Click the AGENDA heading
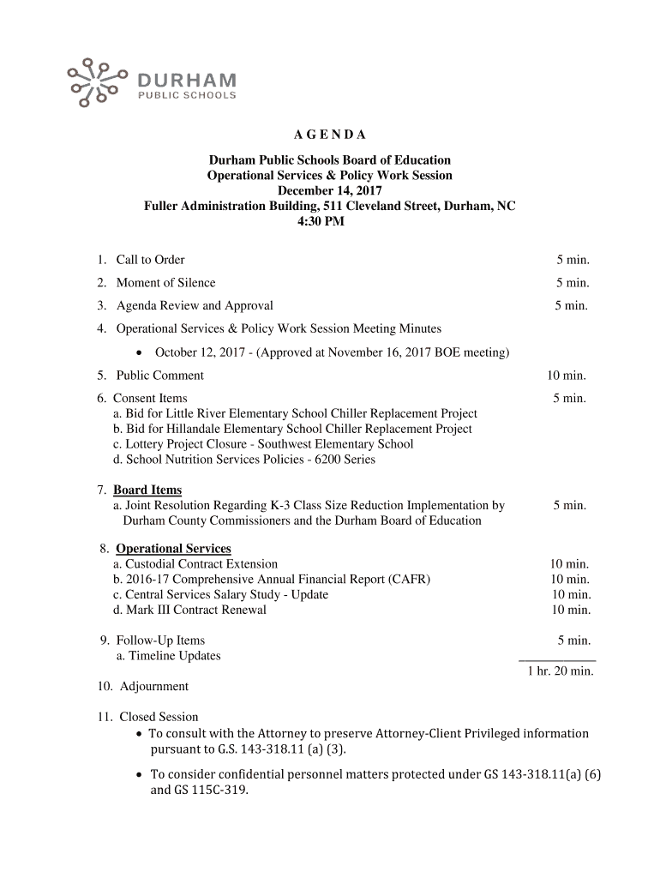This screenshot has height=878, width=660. (330, 135)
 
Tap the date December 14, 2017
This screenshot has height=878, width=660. (330, 191)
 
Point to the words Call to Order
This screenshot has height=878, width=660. (150, 260)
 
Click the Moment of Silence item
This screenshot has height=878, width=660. (165, 283)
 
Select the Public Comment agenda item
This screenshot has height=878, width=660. (159, 376)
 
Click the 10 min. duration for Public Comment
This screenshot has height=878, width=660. (567, 376)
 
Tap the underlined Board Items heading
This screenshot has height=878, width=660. (147, 490)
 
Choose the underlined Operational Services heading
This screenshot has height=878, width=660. (173, 549)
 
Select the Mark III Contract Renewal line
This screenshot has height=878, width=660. (189, 610)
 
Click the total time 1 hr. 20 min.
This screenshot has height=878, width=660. (560, 671)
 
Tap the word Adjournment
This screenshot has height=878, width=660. (153, 687)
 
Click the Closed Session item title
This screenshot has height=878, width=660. (159, 717)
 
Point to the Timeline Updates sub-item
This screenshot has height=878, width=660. (169, 656)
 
